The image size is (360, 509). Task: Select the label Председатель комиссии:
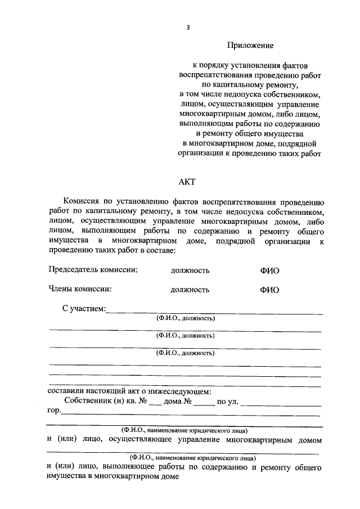(x=93, y=270)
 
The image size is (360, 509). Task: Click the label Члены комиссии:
(x=80, y=289)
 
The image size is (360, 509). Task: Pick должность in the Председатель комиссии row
(x=190, y=271)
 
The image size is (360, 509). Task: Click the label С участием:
(x=84, y=308)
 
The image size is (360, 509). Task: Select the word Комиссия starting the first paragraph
(x=83, y=201)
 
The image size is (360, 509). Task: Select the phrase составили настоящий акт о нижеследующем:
(x=130, y=391)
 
